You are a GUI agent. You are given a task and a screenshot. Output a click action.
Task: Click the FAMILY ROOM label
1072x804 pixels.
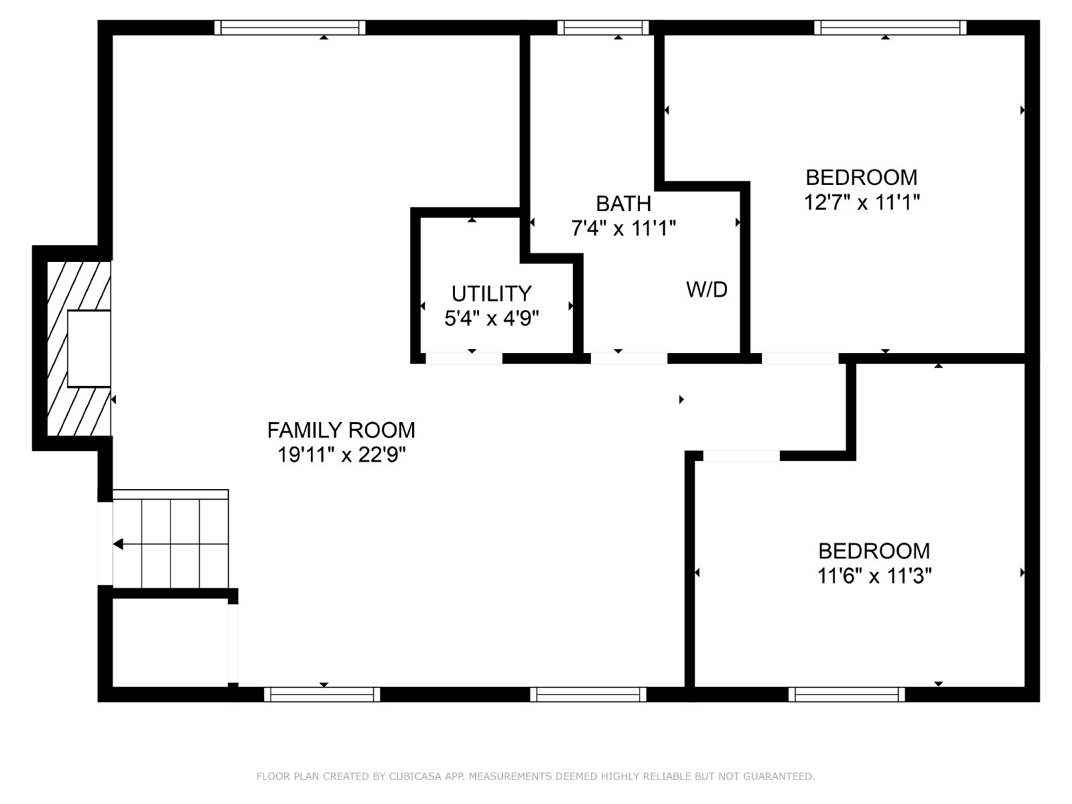[341, 430]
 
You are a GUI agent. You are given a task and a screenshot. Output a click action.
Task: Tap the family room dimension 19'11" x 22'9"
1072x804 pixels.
[342, 456]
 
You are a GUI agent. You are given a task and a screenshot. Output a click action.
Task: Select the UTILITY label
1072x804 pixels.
[491, 294]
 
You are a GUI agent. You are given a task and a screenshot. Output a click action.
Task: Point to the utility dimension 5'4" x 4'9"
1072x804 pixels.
[491, 319]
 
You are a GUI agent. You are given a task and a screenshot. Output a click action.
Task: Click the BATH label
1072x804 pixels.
[624, 204]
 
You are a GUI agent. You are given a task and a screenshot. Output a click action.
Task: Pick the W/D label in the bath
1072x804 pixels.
[707, 289]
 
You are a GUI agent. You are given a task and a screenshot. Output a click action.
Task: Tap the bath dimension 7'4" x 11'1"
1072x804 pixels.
[624, 228]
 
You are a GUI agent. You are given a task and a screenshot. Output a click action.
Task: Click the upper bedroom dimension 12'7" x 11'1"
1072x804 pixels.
[862, 202]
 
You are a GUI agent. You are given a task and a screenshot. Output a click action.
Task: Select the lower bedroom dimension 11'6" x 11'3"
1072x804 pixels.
[874, 576]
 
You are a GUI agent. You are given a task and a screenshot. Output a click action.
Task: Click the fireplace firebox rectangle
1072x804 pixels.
[89, 348]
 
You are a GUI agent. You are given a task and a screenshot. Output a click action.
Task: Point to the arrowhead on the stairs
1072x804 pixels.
[118, 544]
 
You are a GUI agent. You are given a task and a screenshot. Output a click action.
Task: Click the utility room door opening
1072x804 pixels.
[464, 358]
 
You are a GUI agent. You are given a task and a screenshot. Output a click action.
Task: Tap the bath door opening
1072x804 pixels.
[629, 358]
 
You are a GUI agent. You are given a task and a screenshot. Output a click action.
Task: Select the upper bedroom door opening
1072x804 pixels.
[800, 358]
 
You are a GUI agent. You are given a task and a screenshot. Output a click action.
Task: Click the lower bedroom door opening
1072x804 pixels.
[742, 456]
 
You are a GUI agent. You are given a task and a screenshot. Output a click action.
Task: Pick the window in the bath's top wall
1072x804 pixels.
[603, 27]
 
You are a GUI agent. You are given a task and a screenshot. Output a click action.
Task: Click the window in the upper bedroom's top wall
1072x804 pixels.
[890, 27]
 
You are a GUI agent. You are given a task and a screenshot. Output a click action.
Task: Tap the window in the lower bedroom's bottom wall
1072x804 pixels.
[846, 694]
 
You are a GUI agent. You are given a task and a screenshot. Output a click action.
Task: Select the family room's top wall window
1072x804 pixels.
[290, 27]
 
